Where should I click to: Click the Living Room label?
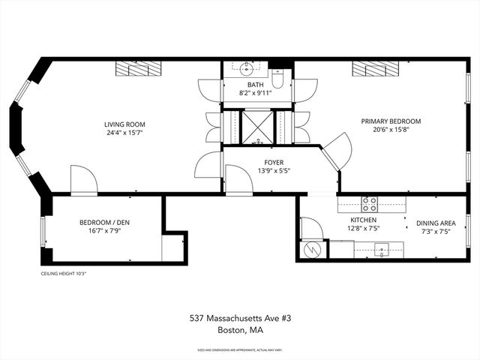124,124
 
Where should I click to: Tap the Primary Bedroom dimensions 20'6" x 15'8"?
391,130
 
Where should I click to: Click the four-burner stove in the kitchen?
370,202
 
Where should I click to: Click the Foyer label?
273,161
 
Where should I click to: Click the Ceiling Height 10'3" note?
64,274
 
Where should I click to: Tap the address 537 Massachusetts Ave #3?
239,318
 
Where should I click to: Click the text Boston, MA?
239,329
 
